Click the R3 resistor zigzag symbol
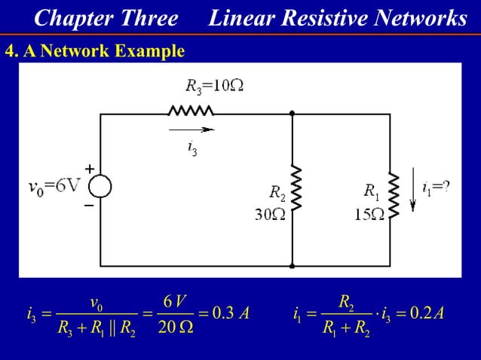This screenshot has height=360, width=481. coord(191,112)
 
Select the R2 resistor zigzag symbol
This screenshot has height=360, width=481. coord(296,188)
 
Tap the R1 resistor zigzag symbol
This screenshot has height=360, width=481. coord(394,194)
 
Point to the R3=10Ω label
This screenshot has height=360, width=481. coord(214,84)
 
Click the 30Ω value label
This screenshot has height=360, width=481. coord(269,214)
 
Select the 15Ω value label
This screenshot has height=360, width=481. coord(369,214)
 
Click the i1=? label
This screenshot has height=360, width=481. coord(436,187)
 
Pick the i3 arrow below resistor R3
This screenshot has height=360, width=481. coord(194,129)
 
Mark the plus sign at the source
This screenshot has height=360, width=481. coord(88,170)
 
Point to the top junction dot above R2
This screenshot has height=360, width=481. coord(292,113)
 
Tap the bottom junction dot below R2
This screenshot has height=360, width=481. coord(292,266)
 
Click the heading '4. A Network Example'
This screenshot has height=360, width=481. coord(94,51)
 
